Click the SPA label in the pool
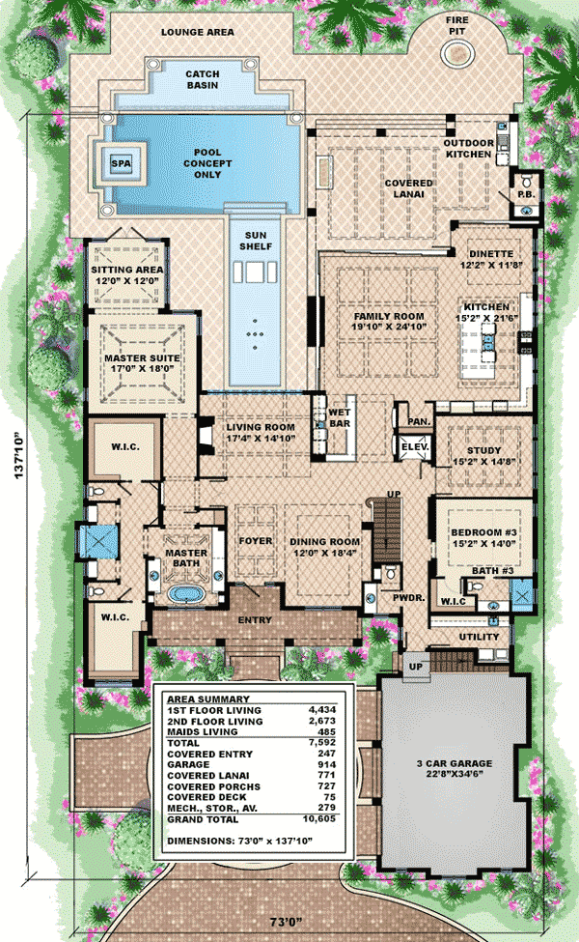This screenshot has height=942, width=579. coord(122,163)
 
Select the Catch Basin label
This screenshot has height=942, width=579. coord(203,79)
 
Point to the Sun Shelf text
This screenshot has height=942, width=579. coord(256,241)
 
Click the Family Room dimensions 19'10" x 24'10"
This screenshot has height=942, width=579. coord(389,327)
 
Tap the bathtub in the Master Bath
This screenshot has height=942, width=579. coord(186,594)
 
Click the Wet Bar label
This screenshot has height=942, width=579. coord(339,418)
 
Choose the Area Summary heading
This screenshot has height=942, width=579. coord(207,699)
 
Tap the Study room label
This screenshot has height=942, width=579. coord(484,450)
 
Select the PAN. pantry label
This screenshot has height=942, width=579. coord(419,422)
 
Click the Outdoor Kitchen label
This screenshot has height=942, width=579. coord(468,149)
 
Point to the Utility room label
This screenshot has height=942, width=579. coord(480,637)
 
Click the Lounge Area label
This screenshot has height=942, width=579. coord(198,32)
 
